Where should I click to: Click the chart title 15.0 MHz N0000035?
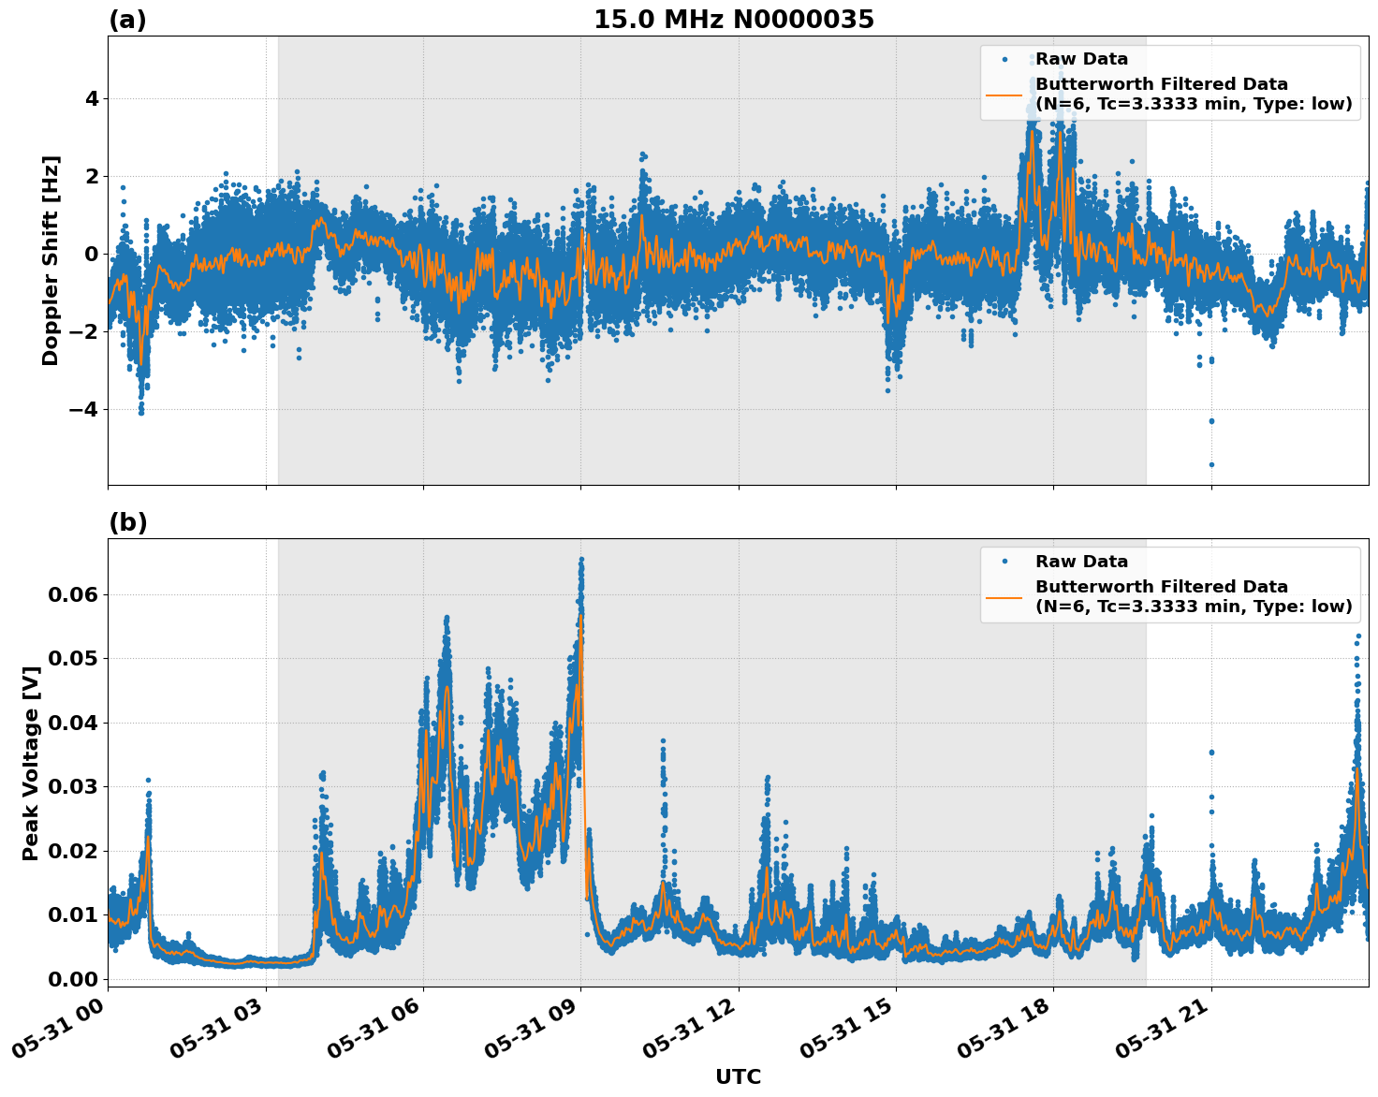tap(733, 20)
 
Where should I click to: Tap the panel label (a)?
tap(127, 20)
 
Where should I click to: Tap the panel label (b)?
tap(127, 522)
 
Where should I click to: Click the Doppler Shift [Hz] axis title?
tap(51, 260)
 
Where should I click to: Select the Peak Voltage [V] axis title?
tap(31, 763)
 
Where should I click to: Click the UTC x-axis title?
tap(738, 1076)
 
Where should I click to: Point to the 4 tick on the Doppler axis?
tap(92, 98)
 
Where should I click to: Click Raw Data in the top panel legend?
tap(1081, 59)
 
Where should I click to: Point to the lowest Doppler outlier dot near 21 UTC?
tap(1210, 464)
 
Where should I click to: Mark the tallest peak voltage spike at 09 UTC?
tap(581, 560)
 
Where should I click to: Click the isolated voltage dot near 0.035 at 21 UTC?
tap(1210, 752)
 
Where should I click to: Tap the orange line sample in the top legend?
tap(1004, 95)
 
